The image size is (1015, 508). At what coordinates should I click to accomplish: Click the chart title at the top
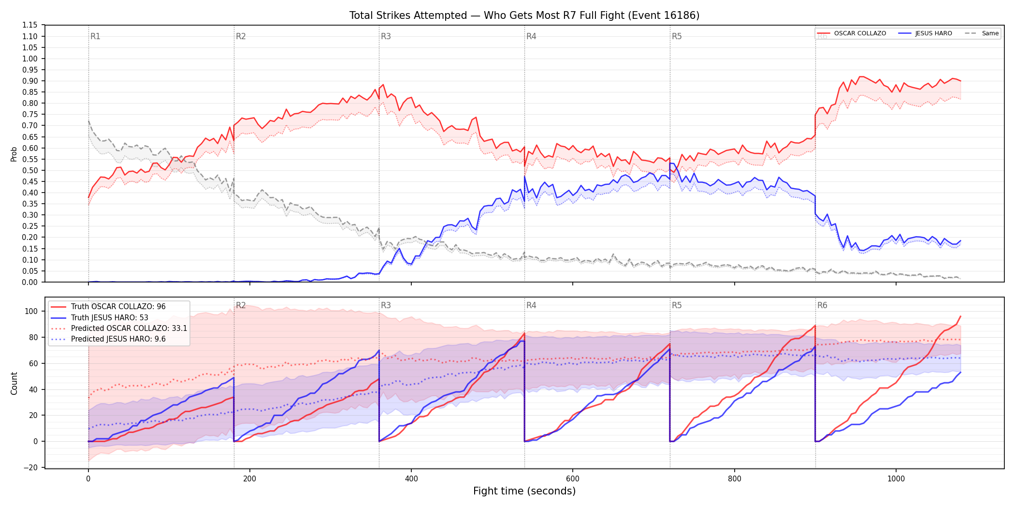[x=524, y=15]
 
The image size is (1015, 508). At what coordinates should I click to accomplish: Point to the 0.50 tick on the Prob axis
[x=30, y=170]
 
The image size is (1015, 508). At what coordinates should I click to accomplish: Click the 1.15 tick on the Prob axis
[x=30, y=25]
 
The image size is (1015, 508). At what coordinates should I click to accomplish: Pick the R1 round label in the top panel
[x=95, y=36]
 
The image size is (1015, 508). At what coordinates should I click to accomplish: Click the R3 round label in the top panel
[x=386, y=36]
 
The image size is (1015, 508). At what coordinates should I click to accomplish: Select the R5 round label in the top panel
[x=677, y=36]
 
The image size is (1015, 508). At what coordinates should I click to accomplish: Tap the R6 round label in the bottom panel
[x=822, y=305]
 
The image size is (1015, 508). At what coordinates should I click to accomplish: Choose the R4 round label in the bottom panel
[x=531, y=305]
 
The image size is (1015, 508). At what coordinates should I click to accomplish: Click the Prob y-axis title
[x=14, y=154]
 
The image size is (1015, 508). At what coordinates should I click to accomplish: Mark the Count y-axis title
[x=14, y=383]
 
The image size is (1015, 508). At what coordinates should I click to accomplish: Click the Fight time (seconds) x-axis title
[x=524, y=491]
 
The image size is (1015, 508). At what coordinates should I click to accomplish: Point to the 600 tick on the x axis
[x=573, y=479]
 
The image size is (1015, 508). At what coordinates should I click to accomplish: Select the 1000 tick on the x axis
[x=896, y=479]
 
